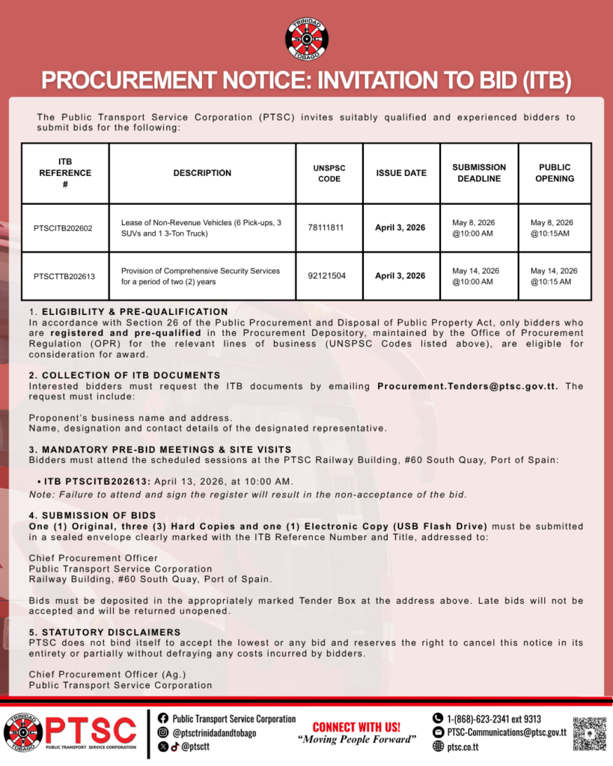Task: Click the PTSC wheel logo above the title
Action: (x=306, y=38)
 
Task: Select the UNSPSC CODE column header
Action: (x=329, y=173)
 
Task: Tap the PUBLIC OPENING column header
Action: (x=555, y=173)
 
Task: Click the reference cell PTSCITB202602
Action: (x=64, y=228)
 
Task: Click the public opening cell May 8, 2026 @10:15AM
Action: (x=552, y=228)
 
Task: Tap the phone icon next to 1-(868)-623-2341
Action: (x=438, y=719)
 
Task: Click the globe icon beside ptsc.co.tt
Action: (x=438, y=747)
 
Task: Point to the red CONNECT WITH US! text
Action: (x=356, y=726)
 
